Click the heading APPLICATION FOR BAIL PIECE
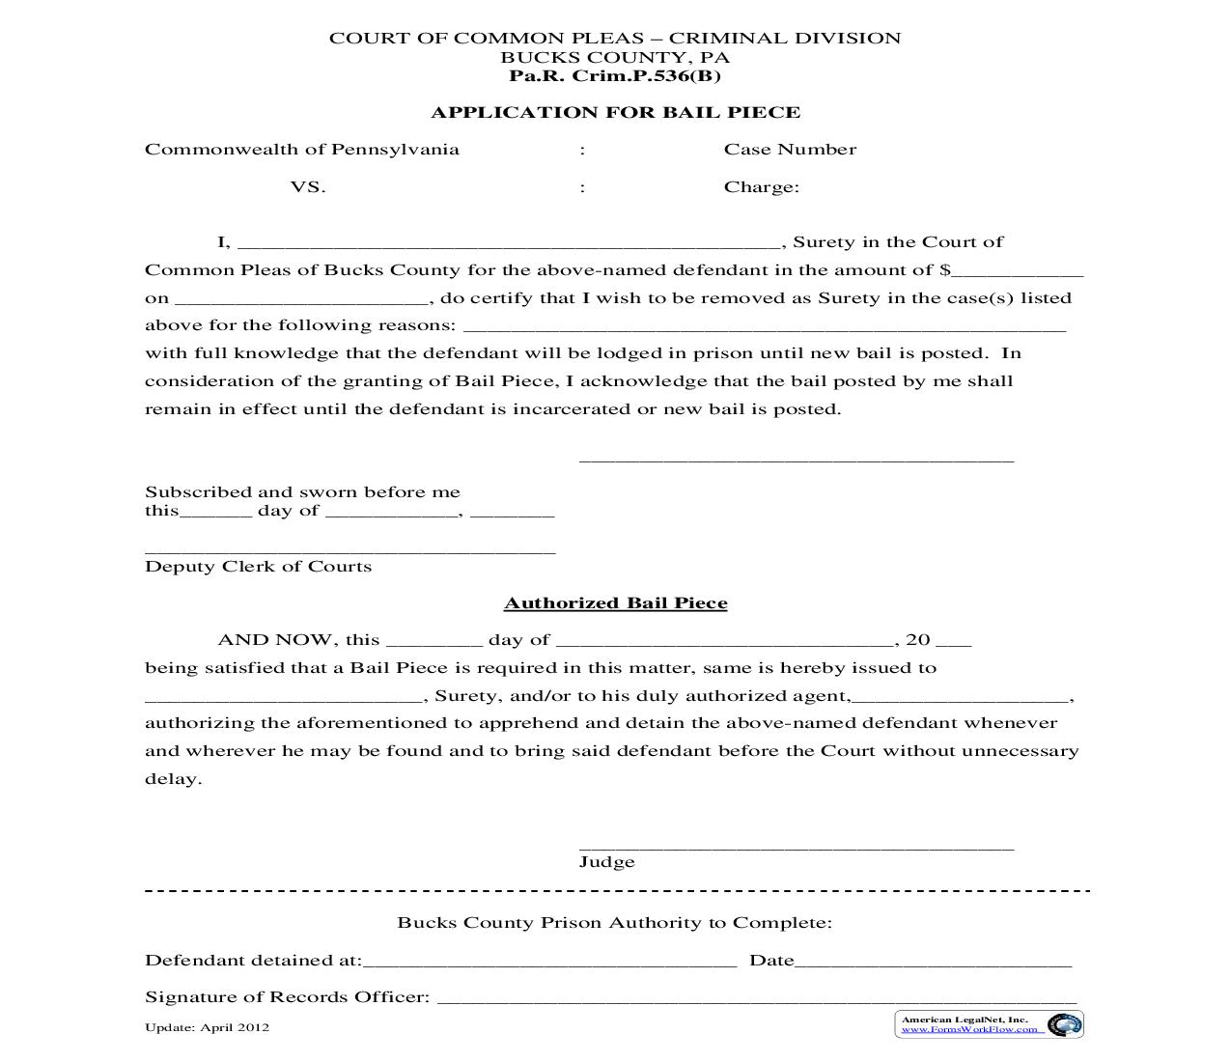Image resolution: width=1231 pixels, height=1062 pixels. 615,112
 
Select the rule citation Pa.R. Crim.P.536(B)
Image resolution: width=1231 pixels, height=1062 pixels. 615,76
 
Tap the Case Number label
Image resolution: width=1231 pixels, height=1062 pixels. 790,150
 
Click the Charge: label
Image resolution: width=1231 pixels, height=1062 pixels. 761,187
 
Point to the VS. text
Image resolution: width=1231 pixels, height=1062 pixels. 308,187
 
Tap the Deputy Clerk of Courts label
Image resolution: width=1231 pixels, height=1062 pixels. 258,567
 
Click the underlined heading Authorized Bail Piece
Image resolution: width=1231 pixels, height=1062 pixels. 615,603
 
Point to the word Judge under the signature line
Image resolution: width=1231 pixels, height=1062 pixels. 606,862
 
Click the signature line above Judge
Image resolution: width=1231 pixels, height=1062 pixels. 796,847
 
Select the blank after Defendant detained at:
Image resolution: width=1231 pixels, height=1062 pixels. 549,963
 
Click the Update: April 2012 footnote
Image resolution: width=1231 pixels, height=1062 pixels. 207,1027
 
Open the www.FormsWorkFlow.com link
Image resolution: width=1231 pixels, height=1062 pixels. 970,1029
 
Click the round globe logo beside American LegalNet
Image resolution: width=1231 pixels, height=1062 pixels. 1064,1025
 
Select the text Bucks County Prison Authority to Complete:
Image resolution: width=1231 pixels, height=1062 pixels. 614,923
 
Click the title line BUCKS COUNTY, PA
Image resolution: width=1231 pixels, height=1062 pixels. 615,58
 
